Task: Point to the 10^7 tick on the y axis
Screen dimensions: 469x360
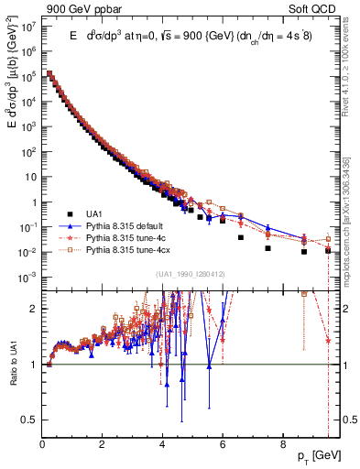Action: [27, 27]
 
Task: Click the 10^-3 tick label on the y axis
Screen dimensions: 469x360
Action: [27, 277]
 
